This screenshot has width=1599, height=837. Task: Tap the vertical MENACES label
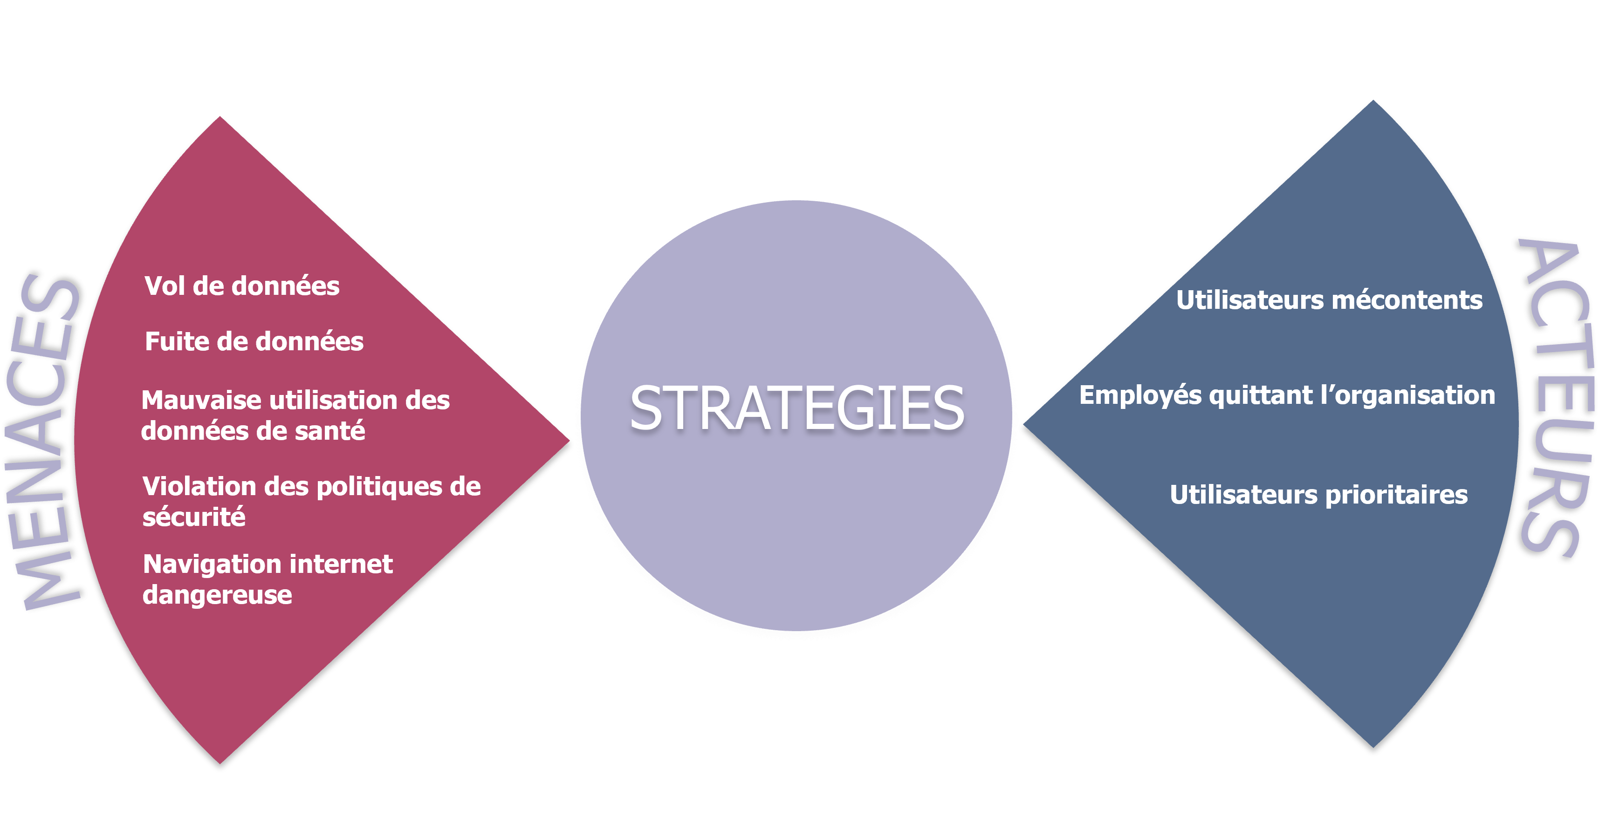tap(43, 441)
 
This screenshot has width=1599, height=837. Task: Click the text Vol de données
tap(242, 286)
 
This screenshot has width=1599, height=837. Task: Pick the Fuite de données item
tap(254, 341)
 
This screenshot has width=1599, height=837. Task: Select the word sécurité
tap(194, 517)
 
